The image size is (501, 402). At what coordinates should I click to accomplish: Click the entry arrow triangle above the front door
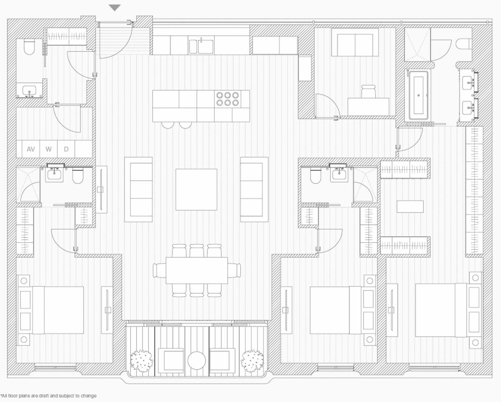click(114, 8)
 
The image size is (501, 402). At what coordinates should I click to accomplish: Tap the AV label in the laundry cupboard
click(30, 149)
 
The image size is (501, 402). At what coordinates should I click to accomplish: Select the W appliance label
click(48, 149)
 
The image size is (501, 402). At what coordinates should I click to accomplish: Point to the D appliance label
click(66, 149)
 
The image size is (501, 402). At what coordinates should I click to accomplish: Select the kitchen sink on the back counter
click(205, 46)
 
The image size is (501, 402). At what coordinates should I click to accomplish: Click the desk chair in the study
click(369, 91)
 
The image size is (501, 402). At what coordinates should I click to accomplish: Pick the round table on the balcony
click(197, 360)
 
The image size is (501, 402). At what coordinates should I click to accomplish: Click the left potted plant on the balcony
click(142, 360)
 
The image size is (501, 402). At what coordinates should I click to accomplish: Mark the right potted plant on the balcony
click(252, 360)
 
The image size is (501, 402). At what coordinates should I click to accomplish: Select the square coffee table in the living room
click(196, 189)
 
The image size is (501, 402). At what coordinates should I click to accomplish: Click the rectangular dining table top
click(197, 270)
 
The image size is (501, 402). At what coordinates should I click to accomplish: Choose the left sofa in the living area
click(138, 189)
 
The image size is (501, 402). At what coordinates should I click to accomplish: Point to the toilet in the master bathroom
click(464, 44)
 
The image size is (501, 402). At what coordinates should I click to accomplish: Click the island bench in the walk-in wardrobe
click(410, 206)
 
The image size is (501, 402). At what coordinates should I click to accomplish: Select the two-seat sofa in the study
click(355, 43)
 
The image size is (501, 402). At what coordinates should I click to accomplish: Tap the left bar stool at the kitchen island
click(167, 124)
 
